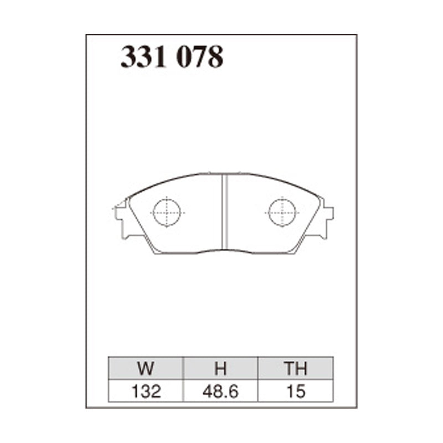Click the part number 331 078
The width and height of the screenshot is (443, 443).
pyautogui.click(x=172, y=57)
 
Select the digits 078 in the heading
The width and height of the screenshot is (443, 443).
pyautogui.click(x=200, y=57)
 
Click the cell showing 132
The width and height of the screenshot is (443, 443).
pyautogui.click(x=147, y=392)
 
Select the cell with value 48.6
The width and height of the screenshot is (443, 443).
pyautogui.click(x=221, y=392)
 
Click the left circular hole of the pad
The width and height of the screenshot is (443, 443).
pyautogui.click(x=167, y=213)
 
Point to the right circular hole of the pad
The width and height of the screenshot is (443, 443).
pyautogui.click(x=282, y=213)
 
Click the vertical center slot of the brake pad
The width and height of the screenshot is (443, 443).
pyautogui.click(x=225, y=213)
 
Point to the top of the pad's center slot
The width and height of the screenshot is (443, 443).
pyautogui.click(x=225, y=177)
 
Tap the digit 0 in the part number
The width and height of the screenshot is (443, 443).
pyautogui.click(x=186, y=57)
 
